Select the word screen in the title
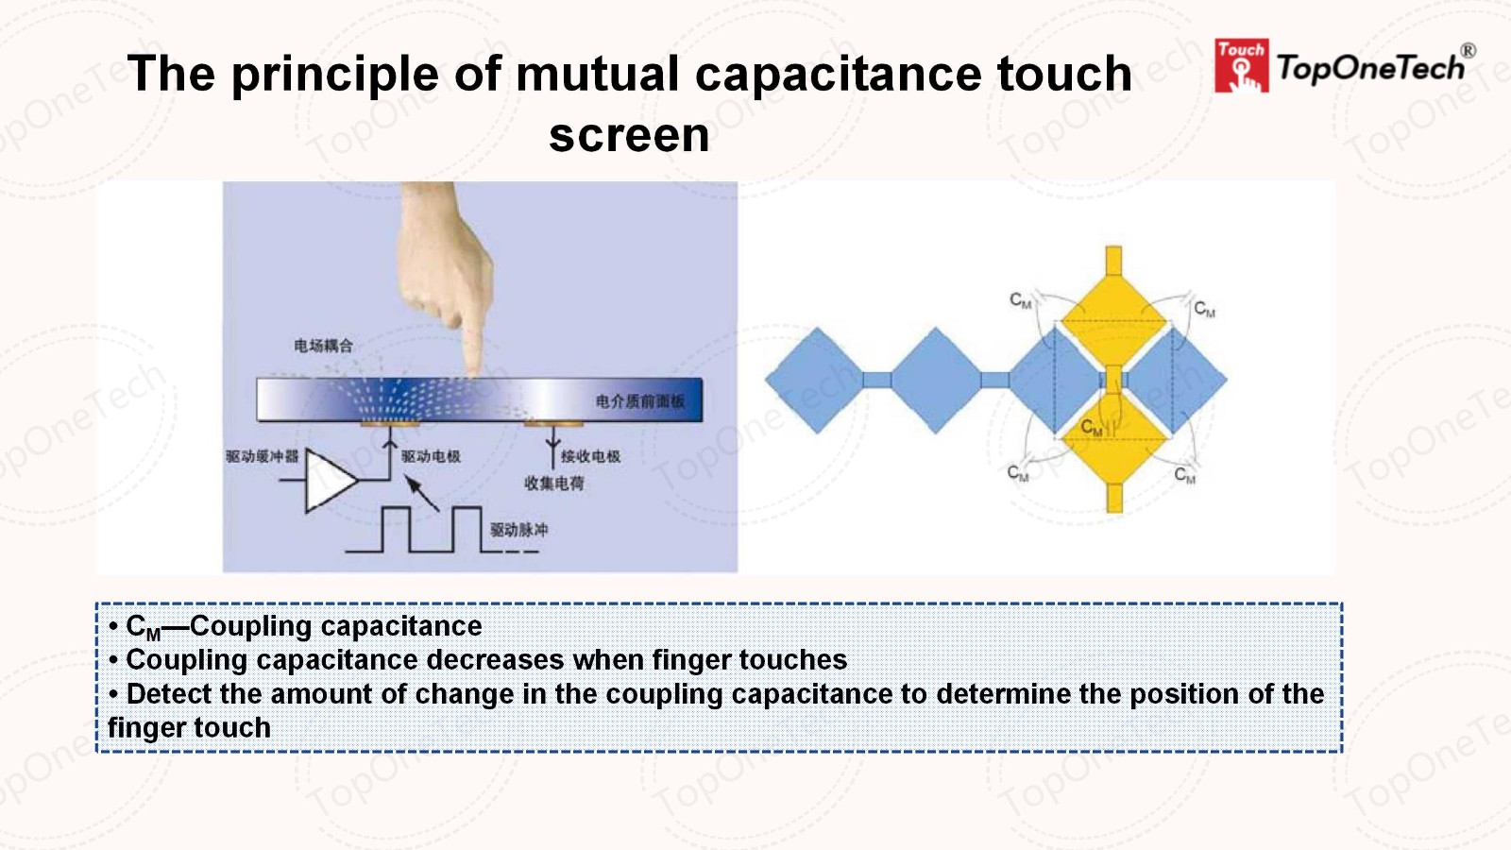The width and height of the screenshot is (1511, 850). (629, 135)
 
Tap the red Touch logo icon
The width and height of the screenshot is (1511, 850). (1241, 66)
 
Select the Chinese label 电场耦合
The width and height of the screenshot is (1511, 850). (323, 346)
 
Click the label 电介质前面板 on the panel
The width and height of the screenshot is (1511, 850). (639, 401)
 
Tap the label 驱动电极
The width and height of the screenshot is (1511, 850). (431, 456)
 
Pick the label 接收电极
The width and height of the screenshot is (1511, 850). (590, 456)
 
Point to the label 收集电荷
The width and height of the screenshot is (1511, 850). (554, 484)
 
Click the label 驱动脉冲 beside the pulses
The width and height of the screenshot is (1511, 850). (518, 530)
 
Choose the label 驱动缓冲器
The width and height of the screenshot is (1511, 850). (262, 456)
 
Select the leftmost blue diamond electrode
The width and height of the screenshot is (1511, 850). (814, 381)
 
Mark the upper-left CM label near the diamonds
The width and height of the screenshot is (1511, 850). (1020, 300)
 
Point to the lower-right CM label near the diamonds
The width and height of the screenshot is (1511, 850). (1184, 475)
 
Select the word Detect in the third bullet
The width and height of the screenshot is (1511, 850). (169, 694)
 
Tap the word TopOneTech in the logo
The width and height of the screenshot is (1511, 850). (1370, 68)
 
